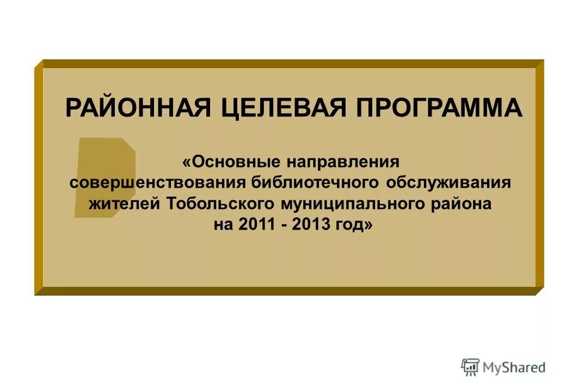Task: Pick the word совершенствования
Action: (158, 182)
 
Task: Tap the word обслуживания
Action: (448, 182)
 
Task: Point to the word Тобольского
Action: (220, 204)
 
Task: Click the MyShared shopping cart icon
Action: (470, 367)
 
